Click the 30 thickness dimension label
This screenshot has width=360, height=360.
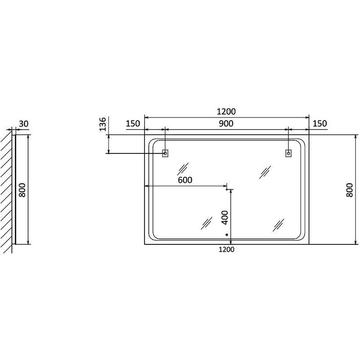click(24, 124)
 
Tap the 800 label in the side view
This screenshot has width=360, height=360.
click(22, 190)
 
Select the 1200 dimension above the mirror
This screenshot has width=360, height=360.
click(226, 112)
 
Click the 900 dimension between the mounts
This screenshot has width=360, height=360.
click(226, 123)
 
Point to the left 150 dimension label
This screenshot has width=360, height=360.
click(133, 123)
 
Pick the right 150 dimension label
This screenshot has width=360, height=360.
click(320, 123)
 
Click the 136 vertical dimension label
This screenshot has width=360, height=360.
click(103, 124)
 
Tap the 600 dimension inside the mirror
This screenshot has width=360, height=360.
click(185, 180)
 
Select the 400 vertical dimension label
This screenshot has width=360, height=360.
click(225, 217)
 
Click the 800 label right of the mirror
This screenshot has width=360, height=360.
click(349, 190)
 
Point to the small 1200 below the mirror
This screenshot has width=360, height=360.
click(226, 249)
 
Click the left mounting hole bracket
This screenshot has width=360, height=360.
click(165, 153)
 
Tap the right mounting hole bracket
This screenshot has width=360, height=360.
click(288, 153)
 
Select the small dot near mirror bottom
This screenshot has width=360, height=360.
click(227, 234)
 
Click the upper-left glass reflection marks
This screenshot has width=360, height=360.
click(183, 169)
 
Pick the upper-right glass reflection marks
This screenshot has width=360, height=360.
click(265, 172)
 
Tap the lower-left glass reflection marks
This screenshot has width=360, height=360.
click(207, 223)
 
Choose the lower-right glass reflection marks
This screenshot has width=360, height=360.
click(278, 225)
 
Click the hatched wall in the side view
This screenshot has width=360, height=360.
click(6, 192)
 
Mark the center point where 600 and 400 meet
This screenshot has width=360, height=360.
click(227, 189)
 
